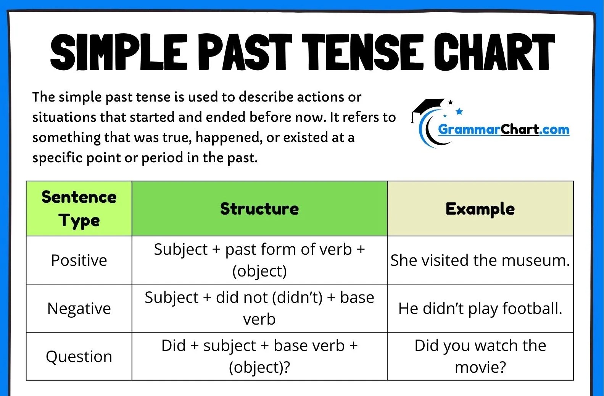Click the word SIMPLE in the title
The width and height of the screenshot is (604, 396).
[x=119, y=52]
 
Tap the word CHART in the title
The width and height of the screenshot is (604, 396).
[x=494, y=52]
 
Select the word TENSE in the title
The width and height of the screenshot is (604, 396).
[x=363, y=52]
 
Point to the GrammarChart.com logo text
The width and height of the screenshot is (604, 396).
[x=503, y=129]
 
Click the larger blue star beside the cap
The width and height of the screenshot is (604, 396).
[x=459, y=111]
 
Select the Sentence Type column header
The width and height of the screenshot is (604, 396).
[x=79, y=209]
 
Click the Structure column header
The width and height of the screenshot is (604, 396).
[x=259, y=209]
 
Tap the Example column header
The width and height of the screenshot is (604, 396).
[x=480, y=209]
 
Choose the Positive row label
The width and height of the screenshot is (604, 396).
[x=79, y=260]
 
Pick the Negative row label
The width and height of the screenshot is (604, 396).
[x=79, y=309]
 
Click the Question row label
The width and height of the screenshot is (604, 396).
[x=79, y=357]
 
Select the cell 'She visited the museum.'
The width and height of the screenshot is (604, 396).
[x=480, y=260]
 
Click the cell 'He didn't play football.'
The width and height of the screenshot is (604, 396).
[x=480, y=308]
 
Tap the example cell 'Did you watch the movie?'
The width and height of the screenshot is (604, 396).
[x=480, y=356]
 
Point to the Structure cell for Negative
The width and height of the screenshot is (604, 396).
[x=259, y=308]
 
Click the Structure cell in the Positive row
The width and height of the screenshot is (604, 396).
[x=259, y=260]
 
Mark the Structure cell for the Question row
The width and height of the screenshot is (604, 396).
[x=259, y=356]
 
